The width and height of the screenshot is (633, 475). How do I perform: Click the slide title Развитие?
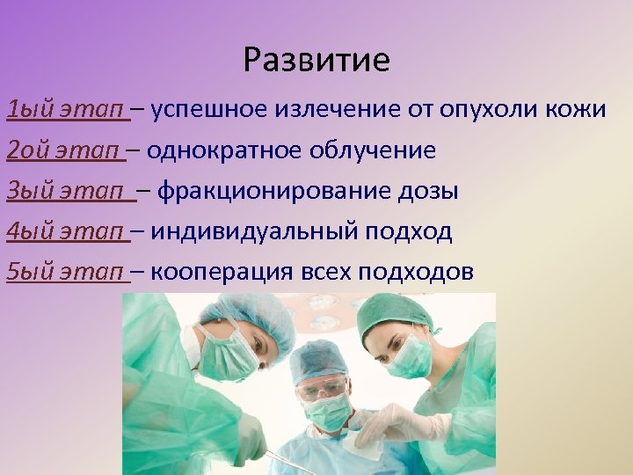pos(316,60)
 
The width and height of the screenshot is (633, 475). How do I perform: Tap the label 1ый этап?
pos(67,110)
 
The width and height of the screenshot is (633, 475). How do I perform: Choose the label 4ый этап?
pos(67,231)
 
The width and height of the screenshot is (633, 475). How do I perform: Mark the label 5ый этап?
pos(67,272)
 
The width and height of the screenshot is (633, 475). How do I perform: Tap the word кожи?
pos(577,110)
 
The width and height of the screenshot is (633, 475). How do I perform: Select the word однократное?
pos(224,150)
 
